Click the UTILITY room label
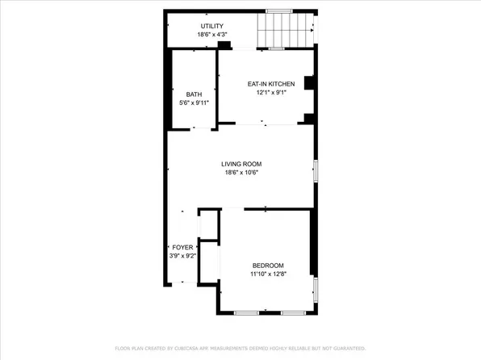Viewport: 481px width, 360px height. (x=212, y=27)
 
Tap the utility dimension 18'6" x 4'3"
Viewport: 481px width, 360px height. (x=212, y=35)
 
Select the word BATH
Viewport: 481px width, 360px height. (x=194, y=94)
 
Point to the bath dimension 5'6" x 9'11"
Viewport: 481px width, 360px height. (x=194, y=103)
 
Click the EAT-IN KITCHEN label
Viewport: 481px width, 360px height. (x=270, y=83)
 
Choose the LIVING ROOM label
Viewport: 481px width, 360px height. (x=241, y=164)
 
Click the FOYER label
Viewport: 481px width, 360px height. (x=182, y=247)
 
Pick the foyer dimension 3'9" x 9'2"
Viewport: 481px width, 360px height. (x=182, y=255)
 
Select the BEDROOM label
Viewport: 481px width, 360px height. (x=268, y=266)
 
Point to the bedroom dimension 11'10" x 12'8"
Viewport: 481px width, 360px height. (x=268, y=274)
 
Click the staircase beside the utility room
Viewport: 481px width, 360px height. (x=285, y=31)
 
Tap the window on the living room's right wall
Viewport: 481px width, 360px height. (x=316, y=170)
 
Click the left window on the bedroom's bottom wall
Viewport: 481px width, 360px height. (x=246, y=312)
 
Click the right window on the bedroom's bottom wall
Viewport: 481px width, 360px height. (x=291, y=312)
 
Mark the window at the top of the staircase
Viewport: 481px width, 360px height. (x=279, y=10)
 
